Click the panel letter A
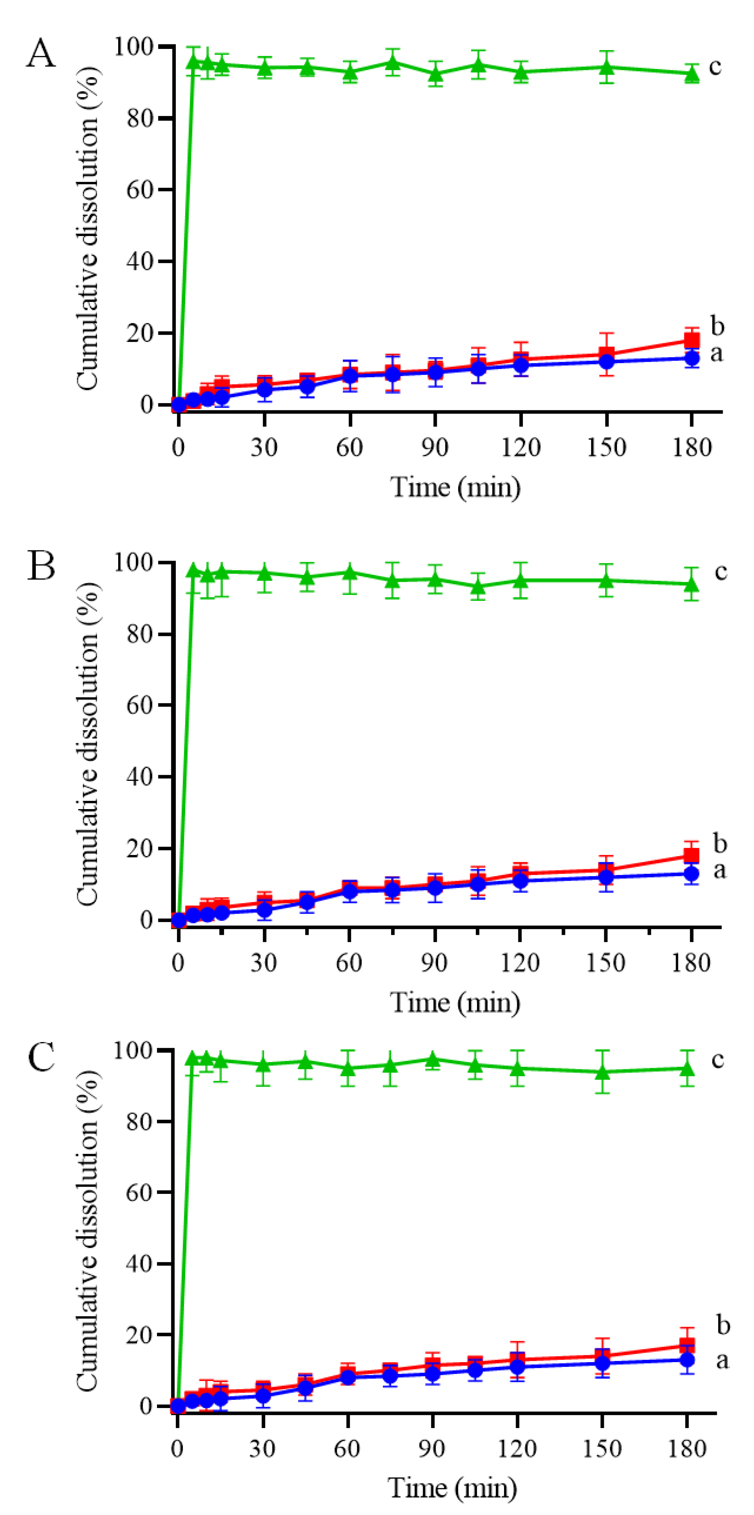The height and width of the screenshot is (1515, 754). [x=41, y=54]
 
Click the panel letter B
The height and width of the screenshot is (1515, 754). [x=41, y=566]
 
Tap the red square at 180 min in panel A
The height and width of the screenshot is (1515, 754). [x=692, y=340]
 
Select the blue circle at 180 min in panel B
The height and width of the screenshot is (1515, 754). [x=692, y=873]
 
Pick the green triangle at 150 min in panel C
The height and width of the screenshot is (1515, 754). [x=602, y=1071]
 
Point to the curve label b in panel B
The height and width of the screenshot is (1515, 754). [x=719, y=843]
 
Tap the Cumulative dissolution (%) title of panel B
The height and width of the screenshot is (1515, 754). [x=87, y=744]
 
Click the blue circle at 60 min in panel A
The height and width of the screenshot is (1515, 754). [x=350, y=375]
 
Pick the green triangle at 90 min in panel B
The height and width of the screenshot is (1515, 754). [x=435, y=580]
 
